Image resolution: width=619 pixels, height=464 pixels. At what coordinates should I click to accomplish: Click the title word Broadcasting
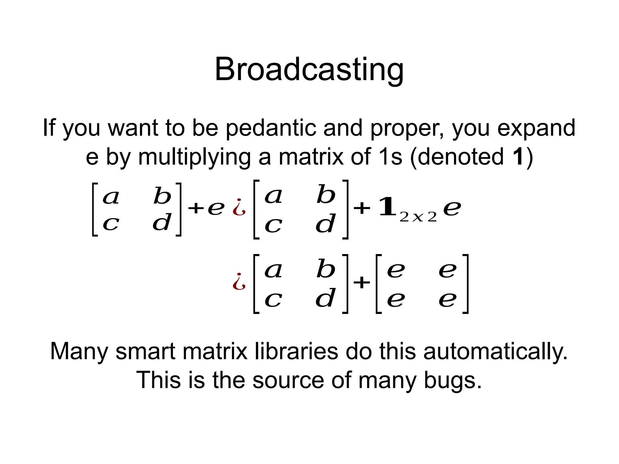[309, 70]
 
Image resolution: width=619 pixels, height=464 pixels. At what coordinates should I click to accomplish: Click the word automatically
[495, 352]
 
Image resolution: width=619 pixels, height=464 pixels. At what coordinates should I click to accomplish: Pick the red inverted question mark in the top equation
[239, 208]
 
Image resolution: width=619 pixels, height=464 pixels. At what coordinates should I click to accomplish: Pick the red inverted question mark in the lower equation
[239, 282]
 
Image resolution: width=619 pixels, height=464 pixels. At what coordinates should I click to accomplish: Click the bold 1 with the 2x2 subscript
[387, 207]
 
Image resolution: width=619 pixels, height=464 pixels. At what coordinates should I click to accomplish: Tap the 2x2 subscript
[418, 217]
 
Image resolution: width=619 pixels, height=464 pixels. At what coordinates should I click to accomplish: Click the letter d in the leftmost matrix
[162, 223]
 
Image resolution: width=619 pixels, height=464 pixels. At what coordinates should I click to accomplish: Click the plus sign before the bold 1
[362, 208]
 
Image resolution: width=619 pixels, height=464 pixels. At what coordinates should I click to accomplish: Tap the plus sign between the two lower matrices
[362, 283]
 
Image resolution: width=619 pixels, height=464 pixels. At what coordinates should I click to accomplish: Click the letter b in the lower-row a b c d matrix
[326, 269]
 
